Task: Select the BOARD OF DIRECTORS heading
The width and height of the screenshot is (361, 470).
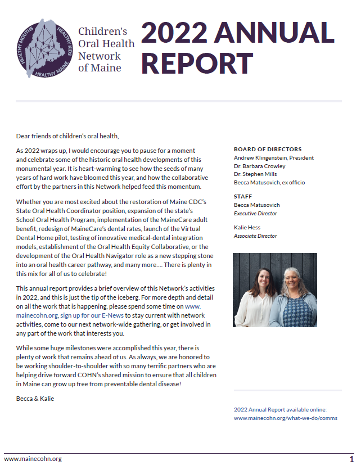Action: (267, 150)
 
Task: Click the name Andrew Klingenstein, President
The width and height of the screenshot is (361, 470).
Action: (273, 158)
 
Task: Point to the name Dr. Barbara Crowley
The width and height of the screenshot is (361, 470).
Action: (259, 166)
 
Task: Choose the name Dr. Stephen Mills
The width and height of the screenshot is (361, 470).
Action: (256, 174)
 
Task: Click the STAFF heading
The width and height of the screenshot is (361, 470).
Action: (242, 197)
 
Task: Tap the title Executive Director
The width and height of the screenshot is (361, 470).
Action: (255, 214)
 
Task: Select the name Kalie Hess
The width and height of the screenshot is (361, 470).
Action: (247, 228)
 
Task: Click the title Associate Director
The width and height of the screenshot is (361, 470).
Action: (255, 236)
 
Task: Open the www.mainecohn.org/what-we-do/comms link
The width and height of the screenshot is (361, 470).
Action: (285, 418)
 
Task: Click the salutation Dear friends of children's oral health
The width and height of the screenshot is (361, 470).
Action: (68, 135)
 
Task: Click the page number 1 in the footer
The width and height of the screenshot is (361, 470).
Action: (351, 459)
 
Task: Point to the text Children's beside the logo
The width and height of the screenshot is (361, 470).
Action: (103, 32)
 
